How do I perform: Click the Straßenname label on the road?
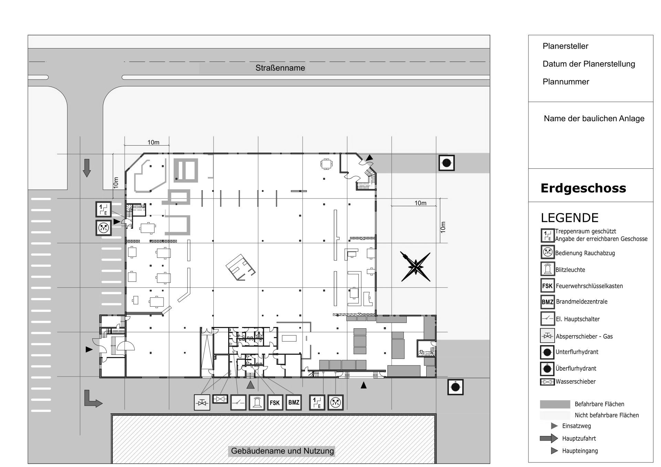(280, 68)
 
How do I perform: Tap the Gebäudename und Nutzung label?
(282, 451)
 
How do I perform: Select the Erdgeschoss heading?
(583, 188)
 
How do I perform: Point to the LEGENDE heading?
(570, 218)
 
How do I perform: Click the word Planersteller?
(565, 46)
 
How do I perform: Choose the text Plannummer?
(566, 82)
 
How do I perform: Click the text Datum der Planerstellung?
(589, 64)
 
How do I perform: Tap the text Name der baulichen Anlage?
(594, 119)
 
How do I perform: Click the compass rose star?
(415, 267)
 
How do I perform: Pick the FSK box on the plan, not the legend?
(274, 403)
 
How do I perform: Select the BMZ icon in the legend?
(547, 302)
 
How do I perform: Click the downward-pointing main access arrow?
(87, 168)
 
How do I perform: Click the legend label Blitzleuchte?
(570, 270)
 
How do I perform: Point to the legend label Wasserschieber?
(576, 381)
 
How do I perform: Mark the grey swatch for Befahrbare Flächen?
(555, 404)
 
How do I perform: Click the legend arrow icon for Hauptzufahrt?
(549, 438)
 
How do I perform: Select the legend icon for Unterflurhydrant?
(547, 352)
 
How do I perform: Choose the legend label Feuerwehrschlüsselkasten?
(589, 286)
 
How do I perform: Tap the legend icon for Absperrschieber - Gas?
(547, 336)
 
